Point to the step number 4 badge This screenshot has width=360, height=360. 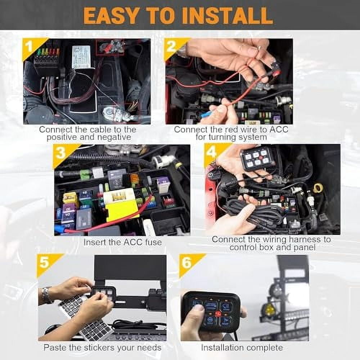(x=211, y=152)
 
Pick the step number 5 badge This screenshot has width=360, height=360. (x=45, y=262)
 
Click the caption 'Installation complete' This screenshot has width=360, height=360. (x=242, y=348)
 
